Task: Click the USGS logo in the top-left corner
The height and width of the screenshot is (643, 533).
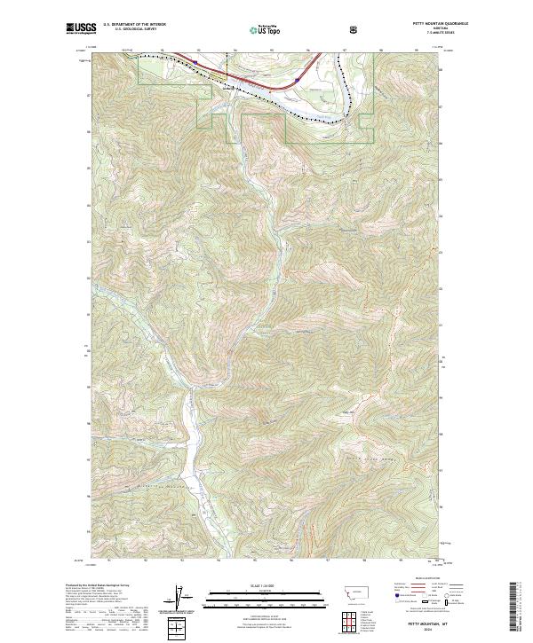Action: click(79, 29)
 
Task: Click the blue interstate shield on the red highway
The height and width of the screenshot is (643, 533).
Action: click(286, 79)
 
